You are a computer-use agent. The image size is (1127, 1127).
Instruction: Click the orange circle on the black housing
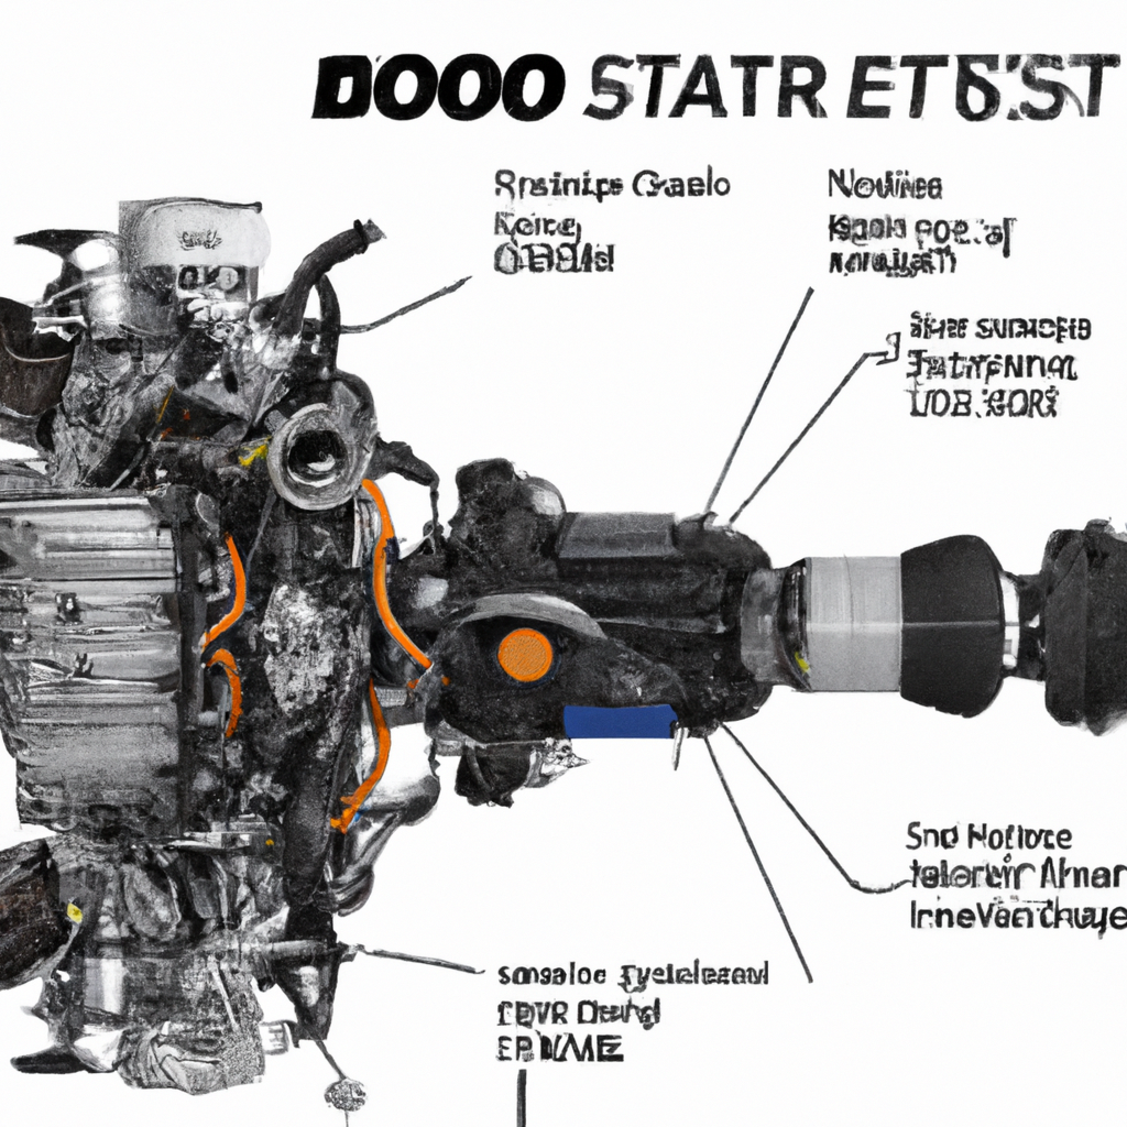click(524, 654)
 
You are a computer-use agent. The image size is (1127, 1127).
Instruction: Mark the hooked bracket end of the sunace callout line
click(890, 350)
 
